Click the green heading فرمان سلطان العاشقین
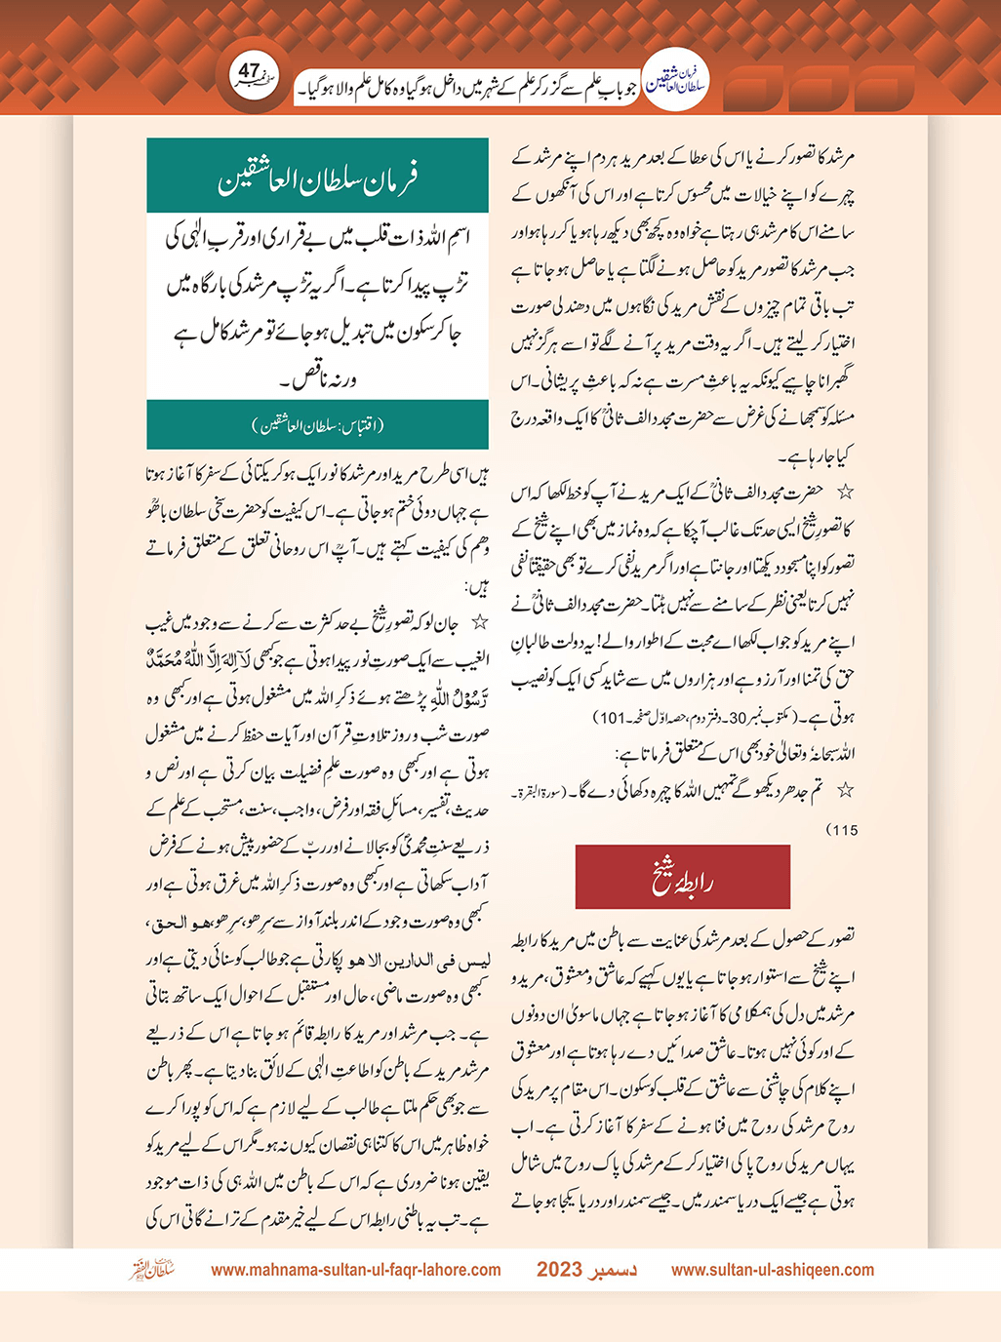pos(317,178)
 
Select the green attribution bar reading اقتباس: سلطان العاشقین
pos(317,425)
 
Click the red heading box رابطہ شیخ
pos(682,878)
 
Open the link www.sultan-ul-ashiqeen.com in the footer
pos(773,1270)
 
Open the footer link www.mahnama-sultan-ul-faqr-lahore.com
pos(356,1270)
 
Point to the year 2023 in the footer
pos(559,1270)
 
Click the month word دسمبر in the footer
pos(615,1270)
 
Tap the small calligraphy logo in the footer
pos(152,1270)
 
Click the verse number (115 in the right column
pos(841,830)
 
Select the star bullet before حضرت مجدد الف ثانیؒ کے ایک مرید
pos(846,492)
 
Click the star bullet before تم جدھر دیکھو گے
pos(846,789)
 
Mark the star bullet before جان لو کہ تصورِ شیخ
pos(479,622)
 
